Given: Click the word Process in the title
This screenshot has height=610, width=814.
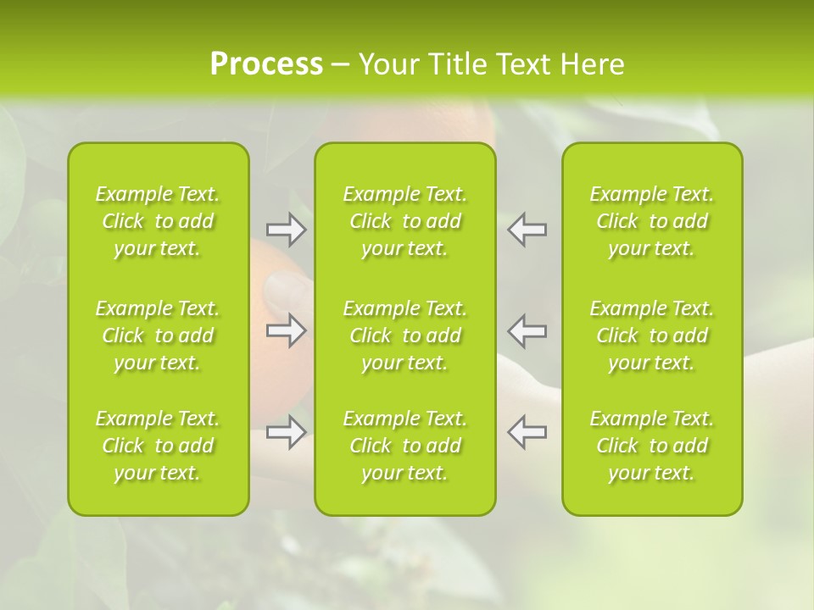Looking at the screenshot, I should point(266,64).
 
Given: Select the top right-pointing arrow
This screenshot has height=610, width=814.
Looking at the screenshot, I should point(286,230).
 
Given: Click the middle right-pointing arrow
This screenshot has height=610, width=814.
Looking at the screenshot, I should point(286,330).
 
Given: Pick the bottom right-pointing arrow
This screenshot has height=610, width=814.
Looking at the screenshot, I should point(286,432).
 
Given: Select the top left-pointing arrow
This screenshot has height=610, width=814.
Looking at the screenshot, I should point(527,230).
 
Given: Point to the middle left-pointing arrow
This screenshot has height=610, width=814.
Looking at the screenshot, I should point(527,330).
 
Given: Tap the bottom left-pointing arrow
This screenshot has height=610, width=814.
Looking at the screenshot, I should point(527,432).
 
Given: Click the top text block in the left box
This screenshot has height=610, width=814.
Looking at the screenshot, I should point(158,221).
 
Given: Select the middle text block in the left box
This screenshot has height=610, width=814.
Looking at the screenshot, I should point(158,335).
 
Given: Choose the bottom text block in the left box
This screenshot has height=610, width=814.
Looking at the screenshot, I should point(158,446).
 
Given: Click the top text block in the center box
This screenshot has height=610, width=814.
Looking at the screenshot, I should point(405,221).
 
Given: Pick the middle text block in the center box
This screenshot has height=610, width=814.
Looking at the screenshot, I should point(405,335).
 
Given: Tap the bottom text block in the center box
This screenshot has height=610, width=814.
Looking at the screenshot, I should point(405,446).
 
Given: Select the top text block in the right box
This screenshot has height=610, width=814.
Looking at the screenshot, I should point(652,221).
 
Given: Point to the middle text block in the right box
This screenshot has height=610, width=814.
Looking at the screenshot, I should point(652,335).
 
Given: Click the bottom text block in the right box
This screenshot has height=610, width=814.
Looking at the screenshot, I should point(652,446).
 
